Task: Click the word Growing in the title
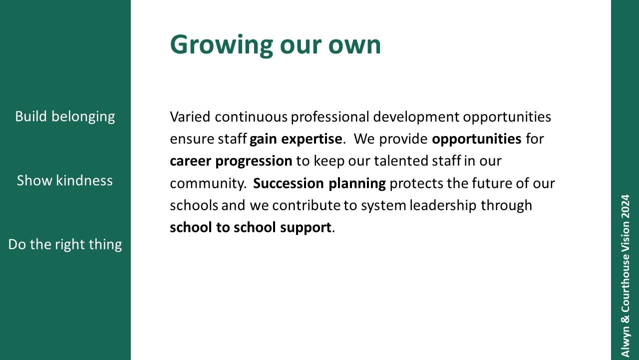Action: pos(222,45)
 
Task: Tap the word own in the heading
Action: pos(354,45)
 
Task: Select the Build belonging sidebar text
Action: pos(65,117)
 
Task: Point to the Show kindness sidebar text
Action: pos(65,180)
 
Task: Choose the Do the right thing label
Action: pos(65,245)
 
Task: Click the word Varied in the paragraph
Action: pos(190,117)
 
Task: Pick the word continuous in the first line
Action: pos(251,117)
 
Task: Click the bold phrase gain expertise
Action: pos(296,139)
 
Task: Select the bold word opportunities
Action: pos(477,139)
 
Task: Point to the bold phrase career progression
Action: pos(231,161)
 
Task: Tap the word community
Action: pos(208,183)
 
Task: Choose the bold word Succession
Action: pos(289,183)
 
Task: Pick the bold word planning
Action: pos(357,183)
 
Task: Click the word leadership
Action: pos(443,205)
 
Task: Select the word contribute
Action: pos(307,205)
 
